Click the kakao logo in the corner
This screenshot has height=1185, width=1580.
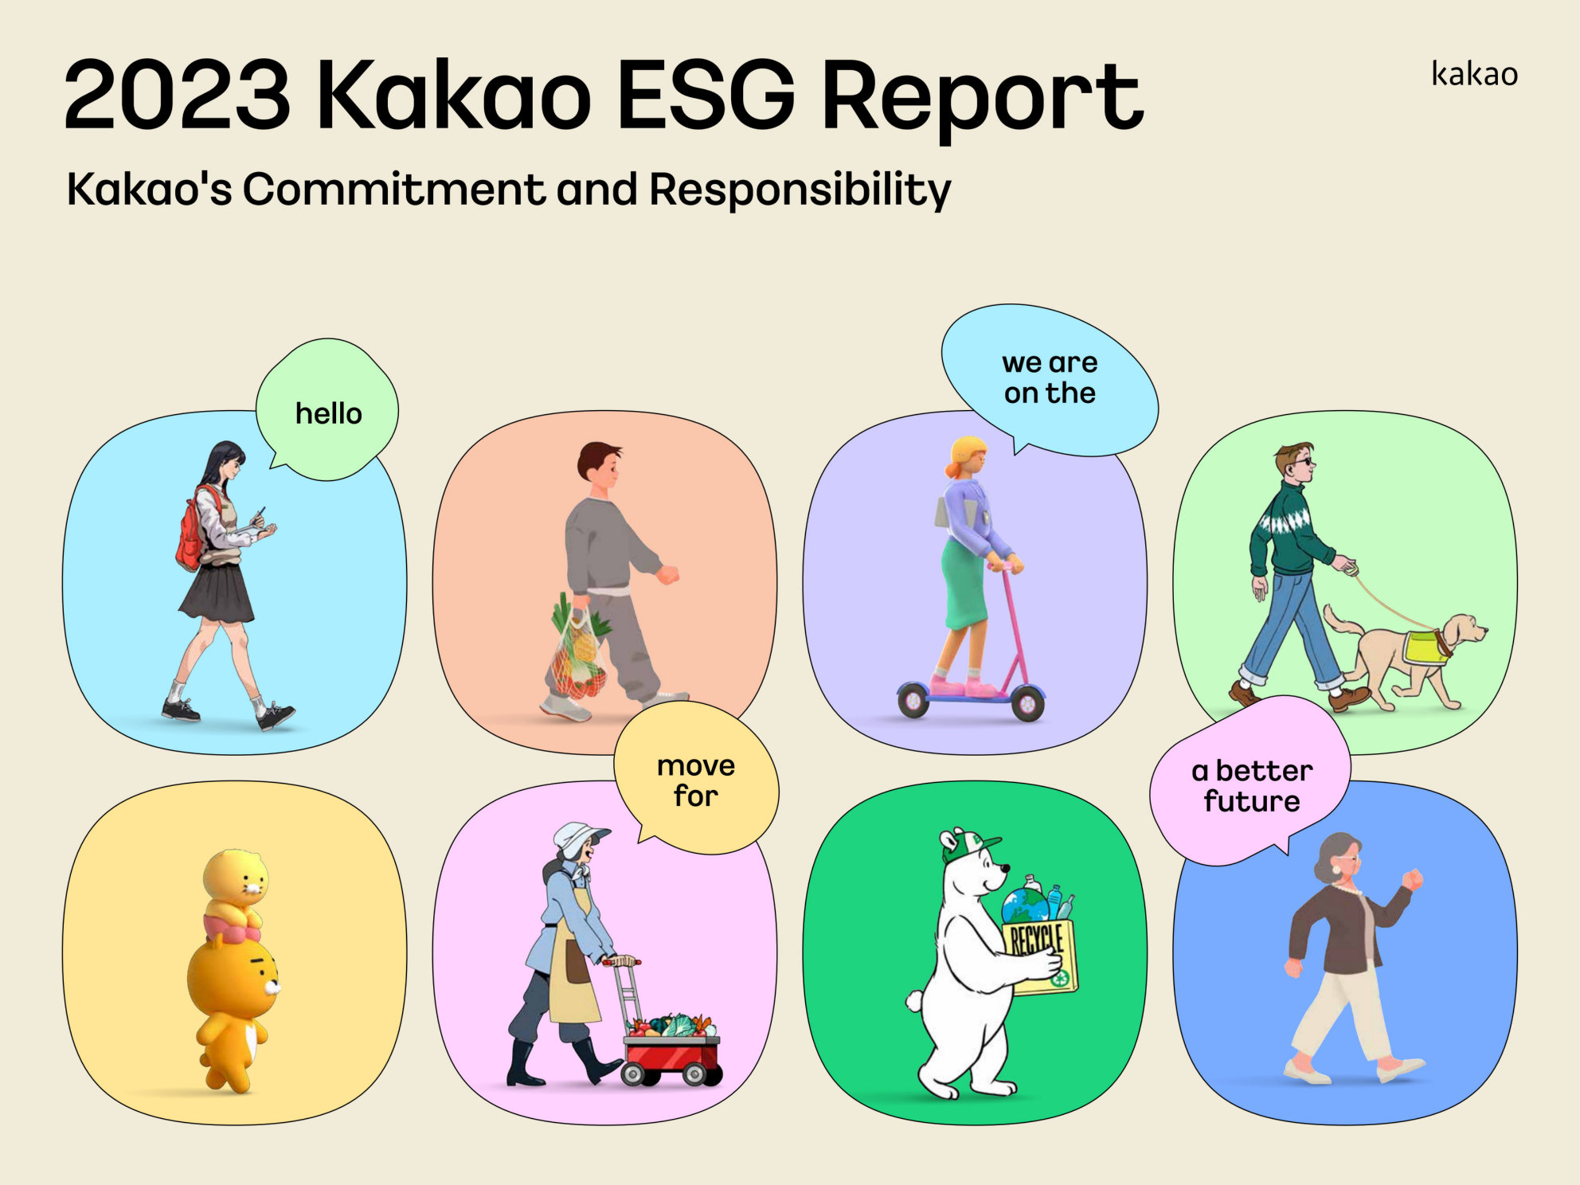pyautogui.click(x=1474, y=73)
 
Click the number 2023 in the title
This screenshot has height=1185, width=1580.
pyautogui.click(x=178, y=95)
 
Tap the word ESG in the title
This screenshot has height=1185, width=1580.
pyautogui.click(x=706, y=95)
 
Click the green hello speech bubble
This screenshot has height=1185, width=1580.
pyautogui.click(x=327, y=409)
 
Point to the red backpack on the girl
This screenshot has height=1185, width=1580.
pyautogui.click(x=191, y=530)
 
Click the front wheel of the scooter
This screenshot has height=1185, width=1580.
pyautogui.click(x=1027, y=702)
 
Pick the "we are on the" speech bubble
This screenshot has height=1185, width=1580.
pyautogui.click(x=1049, y=380)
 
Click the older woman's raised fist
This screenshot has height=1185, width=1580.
pyautogui.click(x=1412, y=879)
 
